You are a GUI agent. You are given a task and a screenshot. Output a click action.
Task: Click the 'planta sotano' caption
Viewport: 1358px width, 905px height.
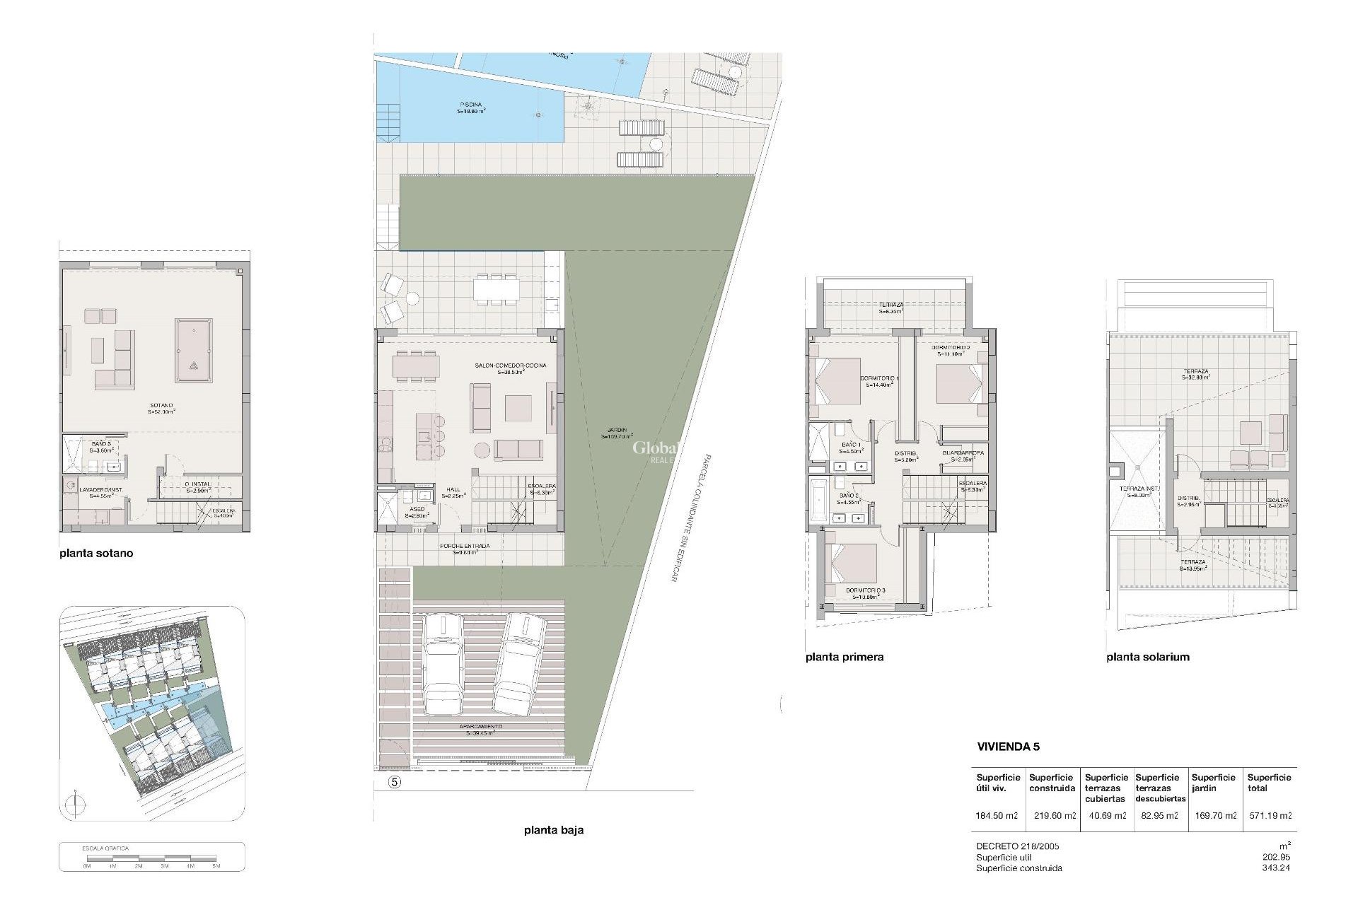coord(95,554)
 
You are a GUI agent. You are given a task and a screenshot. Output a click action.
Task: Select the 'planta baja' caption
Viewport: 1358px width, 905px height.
coord(554,830)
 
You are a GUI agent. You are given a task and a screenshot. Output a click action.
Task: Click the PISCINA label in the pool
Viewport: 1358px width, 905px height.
coord(470,107)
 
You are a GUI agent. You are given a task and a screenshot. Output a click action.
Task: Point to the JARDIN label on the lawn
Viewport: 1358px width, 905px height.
coord(616,433)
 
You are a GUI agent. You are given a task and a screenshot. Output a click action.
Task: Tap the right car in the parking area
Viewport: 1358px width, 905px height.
coord(520,662)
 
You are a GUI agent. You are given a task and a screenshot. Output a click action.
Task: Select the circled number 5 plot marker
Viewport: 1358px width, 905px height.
coord(395,782)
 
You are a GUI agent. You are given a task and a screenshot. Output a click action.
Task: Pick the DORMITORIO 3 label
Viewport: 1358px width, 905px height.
coord(865,592)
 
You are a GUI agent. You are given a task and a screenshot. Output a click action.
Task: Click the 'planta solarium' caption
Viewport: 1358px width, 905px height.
coord(1148,657)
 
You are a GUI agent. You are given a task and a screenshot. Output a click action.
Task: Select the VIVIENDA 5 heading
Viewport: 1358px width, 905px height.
coord(1008,747)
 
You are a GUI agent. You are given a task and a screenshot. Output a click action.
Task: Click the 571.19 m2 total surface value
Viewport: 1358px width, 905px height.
coord(1270,815)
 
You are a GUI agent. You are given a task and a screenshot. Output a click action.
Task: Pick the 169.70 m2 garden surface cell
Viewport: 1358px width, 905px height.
coord(1214,815)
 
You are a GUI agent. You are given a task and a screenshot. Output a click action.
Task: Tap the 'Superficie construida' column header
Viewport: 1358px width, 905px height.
coord(1052,783)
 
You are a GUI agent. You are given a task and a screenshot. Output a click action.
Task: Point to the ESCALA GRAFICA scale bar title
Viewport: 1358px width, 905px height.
coord(106,848)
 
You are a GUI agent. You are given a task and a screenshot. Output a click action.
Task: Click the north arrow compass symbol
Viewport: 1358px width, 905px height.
coord(76,805)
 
